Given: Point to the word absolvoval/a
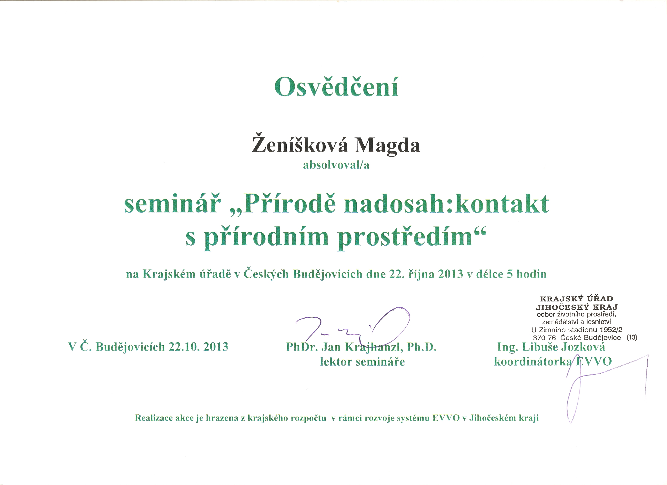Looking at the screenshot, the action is point(336,165).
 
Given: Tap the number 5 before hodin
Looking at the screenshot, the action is point(510,274).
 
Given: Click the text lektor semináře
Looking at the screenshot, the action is point(362,362).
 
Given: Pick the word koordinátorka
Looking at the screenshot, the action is point(533,362).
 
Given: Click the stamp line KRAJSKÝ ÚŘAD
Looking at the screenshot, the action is point(577,299).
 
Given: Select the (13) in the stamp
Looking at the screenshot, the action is point(632,337).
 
